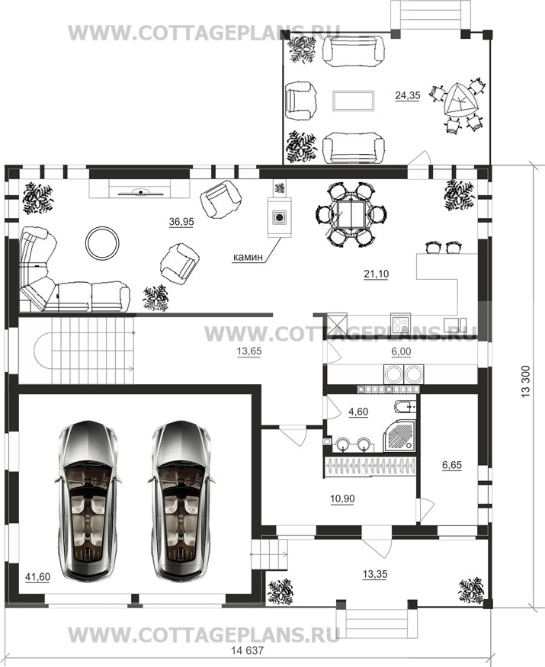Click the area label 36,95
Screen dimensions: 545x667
coord(181,222)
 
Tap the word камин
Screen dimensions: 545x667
coord(248,257)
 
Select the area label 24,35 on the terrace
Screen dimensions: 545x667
coord(407,95)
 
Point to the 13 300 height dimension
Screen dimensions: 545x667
coord(526,383)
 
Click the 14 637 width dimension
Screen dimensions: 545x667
coord(248,650)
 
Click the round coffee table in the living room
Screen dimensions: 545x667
coord(103,242)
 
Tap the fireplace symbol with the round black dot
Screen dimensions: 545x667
coord(279,218)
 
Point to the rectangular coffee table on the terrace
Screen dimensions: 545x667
coord(354,101)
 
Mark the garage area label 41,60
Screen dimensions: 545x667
coord(37,578)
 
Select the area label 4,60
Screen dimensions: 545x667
coord(358,412)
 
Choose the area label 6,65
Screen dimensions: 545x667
coord(452,465)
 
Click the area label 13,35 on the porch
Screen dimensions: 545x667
coord(375,575)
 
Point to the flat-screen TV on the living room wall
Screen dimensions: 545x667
coord(139,193)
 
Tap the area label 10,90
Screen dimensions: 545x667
coord(342,498)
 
